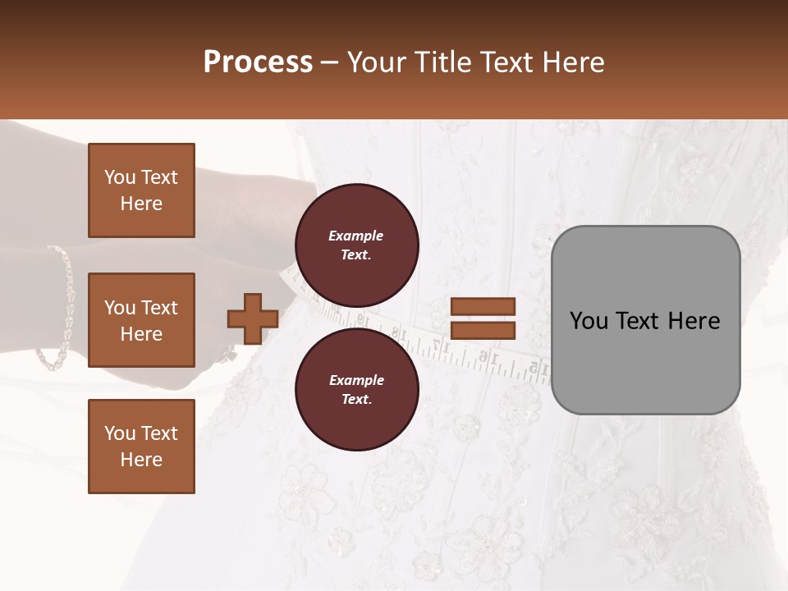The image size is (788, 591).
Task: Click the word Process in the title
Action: (258, 62)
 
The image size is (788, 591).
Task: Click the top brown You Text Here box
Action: (141, 190)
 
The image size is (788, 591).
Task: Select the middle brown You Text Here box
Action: (141, 320)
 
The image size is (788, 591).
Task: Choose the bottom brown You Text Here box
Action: (141, 447)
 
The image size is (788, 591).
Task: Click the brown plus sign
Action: (253, 318)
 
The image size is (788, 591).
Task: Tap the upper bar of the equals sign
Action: (483, 306)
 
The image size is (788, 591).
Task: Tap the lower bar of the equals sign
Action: (483, 331)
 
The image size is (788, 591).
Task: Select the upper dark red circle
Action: (357, 245)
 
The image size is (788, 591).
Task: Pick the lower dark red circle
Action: (357, 389)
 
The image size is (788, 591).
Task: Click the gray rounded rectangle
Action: (645, 320)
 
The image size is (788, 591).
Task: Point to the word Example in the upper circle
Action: (356, 236)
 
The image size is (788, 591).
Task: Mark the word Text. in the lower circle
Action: (356, 399)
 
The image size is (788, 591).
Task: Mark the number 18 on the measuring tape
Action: (400, 334)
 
